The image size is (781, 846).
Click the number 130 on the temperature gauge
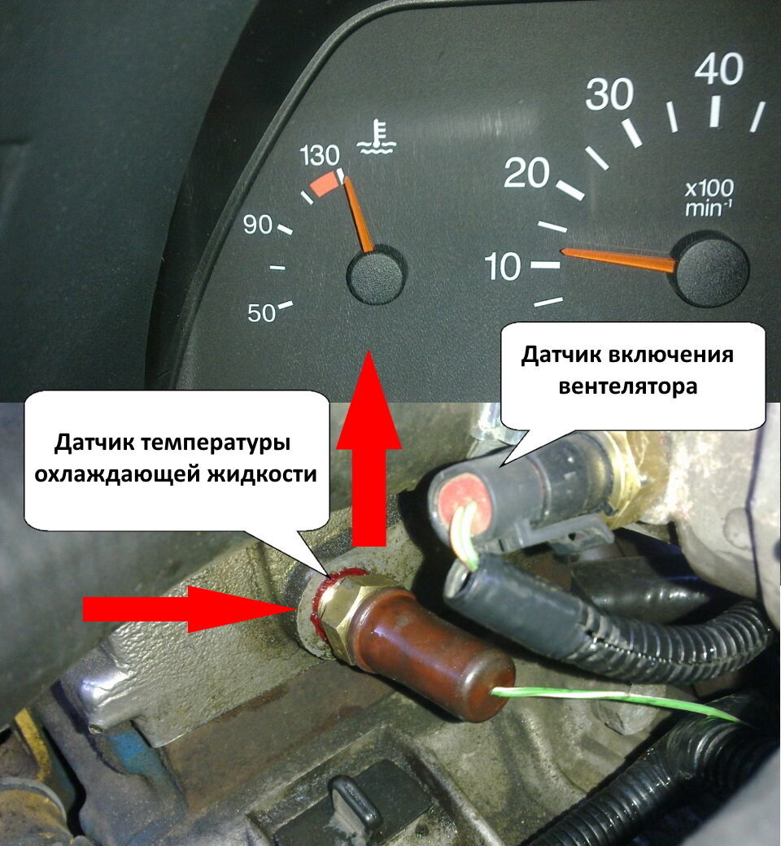(320, 155)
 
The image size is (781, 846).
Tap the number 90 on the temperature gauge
(257, 224)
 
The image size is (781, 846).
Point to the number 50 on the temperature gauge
(262, 312)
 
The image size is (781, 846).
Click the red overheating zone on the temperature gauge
(325, 185)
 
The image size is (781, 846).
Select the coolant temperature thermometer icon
(377, 137)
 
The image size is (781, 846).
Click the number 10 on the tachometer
(503, 266)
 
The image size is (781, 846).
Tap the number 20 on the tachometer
(526, 174)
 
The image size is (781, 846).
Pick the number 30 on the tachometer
(609, 94)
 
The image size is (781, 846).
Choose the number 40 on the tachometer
(719, 68)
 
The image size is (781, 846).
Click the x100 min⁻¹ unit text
(709, 198)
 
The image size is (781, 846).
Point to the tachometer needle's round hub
(713, 268)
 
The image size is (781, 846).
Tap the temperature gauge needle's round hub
(376, 274)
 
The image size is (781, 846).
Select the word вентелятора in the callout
(628, 386)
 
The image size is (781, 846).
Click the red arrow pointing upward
(369, 448)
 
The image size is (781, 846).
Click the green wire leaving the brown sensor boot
(615, 700)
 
